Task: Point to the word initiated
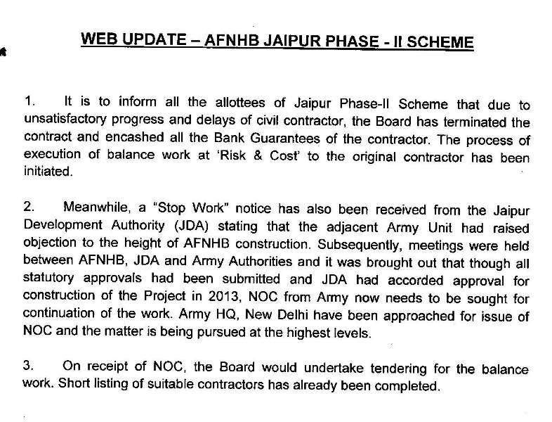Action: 46,172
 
